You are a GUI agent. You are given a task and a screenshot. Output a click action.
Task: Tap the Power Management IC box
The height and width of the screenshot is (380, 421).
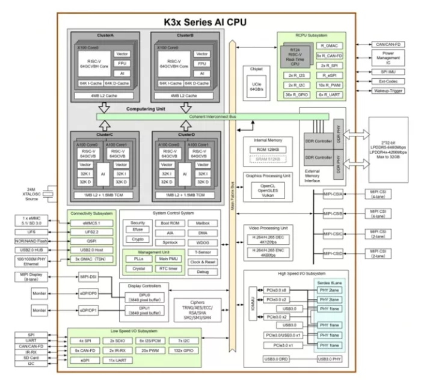coord(389,58)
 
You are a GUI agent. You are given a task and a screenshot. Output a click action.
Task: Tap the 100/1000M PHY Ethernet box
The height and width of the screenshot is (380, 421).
coord(34,262)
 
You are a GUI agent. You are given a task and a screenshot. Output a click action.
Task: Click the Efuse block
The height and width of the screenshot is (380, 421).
coord(137,229)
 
